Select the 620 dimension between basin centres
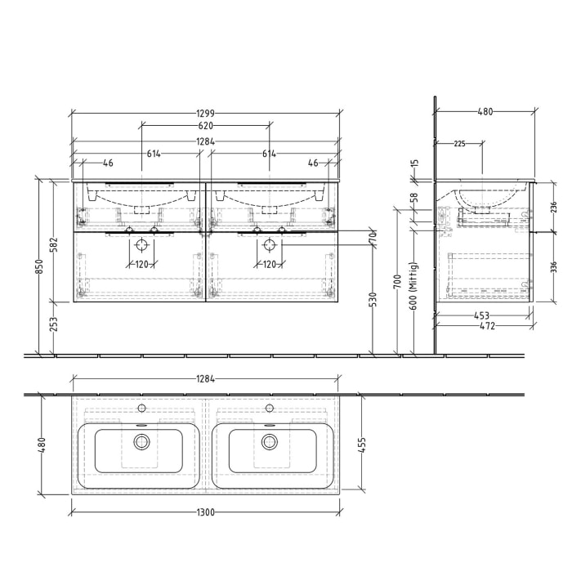pos(205,126)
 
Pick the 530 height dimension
pos(373,299)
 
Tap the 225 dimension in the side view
pos(458,144)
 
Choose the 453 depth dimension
pos(482,315)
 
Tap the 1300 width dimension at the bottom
pos(205,512)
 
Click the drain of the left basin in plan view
pos(142,442)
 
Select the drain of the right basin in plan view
pos(269,442)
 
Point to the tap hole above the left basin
pos(141,407)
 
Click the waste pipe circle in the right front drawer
pos(268,244)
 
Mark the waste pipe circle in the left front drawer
pos(141,244)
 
